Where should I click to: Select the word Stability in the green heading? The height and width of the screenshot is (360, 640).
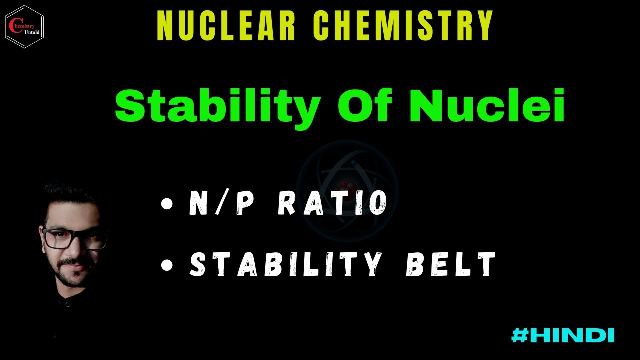tap(218, 106)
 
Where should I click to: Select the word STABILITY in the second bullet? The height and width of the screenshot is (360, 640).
tap(285, 265)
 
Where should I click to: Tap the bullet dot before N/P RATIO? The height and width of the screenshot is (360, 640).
tap(167, 204)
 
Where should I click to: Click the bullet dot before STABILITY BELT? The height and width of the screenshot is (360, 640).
tap(167, 265)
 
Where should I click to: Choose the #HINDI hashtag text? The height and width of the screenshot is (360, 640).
tap(563, 335)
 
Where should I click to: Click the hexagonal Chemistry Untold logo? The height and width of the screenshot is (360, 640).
tap(24, 26)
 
